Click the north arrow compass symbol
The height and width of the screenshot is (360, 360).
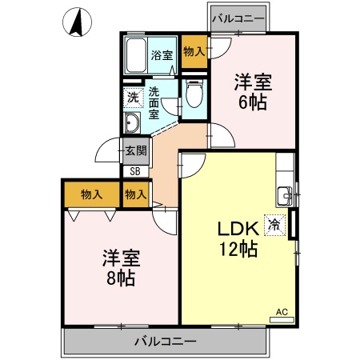point(78,21)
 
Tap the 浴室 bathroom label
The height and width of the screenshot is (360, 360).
point(162,55)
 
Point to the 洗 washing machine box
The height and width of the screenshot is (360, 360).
point(131,98)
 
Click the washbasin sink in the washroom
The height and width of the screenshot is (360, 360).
point(132,122)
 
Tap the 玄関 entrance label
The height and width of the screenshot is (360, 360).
point(135,149)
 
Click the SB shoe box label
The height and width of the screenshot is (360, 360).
point(134,170)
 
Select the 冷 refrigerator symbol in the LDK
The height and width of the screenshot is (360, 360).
point(275,226)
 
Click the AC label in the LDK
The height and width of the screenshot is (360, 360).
point(282,311)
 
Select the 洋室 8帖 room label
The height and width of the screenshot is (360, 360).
point(120,268)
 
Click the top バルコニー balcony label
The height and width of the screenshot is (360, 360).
point(238,18)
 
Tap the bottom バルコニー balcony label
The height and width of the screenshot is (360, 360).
point(165,342)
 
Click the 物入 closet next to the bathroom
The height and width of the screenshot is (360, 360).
point(193,51)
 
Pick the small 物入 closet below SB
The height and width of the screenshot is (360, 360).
point(136,194)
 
